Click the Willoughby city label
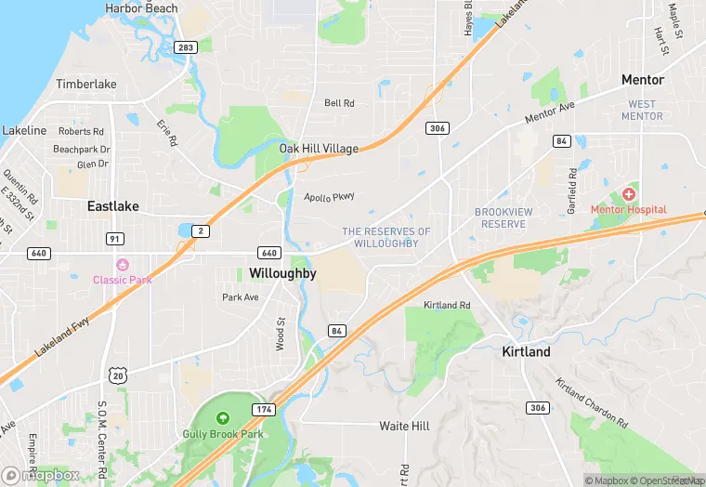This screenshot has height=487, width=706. click(x=282, y=273)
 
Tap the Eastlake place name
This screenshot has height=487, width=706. click(x=113, y=205)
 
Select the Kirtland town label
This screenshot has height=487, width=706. click(x=526, y=351)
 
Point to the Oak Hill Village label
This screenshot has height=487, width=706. click(x=319, y=149)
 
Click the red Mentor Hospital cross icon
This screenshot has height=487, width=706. click(x=628, y=194)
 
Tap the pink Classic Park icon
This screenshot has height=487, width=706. click(x=122, y=265)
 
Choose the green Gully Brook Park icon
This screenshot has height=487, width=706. click(x=222, y=420)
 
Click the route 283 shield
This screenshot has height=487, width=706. click(x=186, y=47)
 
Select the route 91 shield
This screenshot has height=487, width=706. click(x=115, y=239)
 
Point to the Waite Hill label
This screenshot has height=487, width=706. click(x=404, y=426)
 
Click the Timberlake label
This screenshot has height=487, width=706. click(x=86, y=84)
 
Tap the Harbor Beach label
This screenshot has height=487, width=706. click(x=141, y=8)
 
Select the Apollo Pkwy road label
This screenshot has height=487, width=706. click(x=330, y=196)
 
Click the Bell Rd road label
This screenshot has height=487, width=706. click(x=339, y=103)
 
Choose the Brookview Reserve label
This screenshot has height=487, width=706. click(x=504, y=217)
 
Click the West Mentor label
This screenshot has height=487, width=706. click(x=642, y=110)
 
